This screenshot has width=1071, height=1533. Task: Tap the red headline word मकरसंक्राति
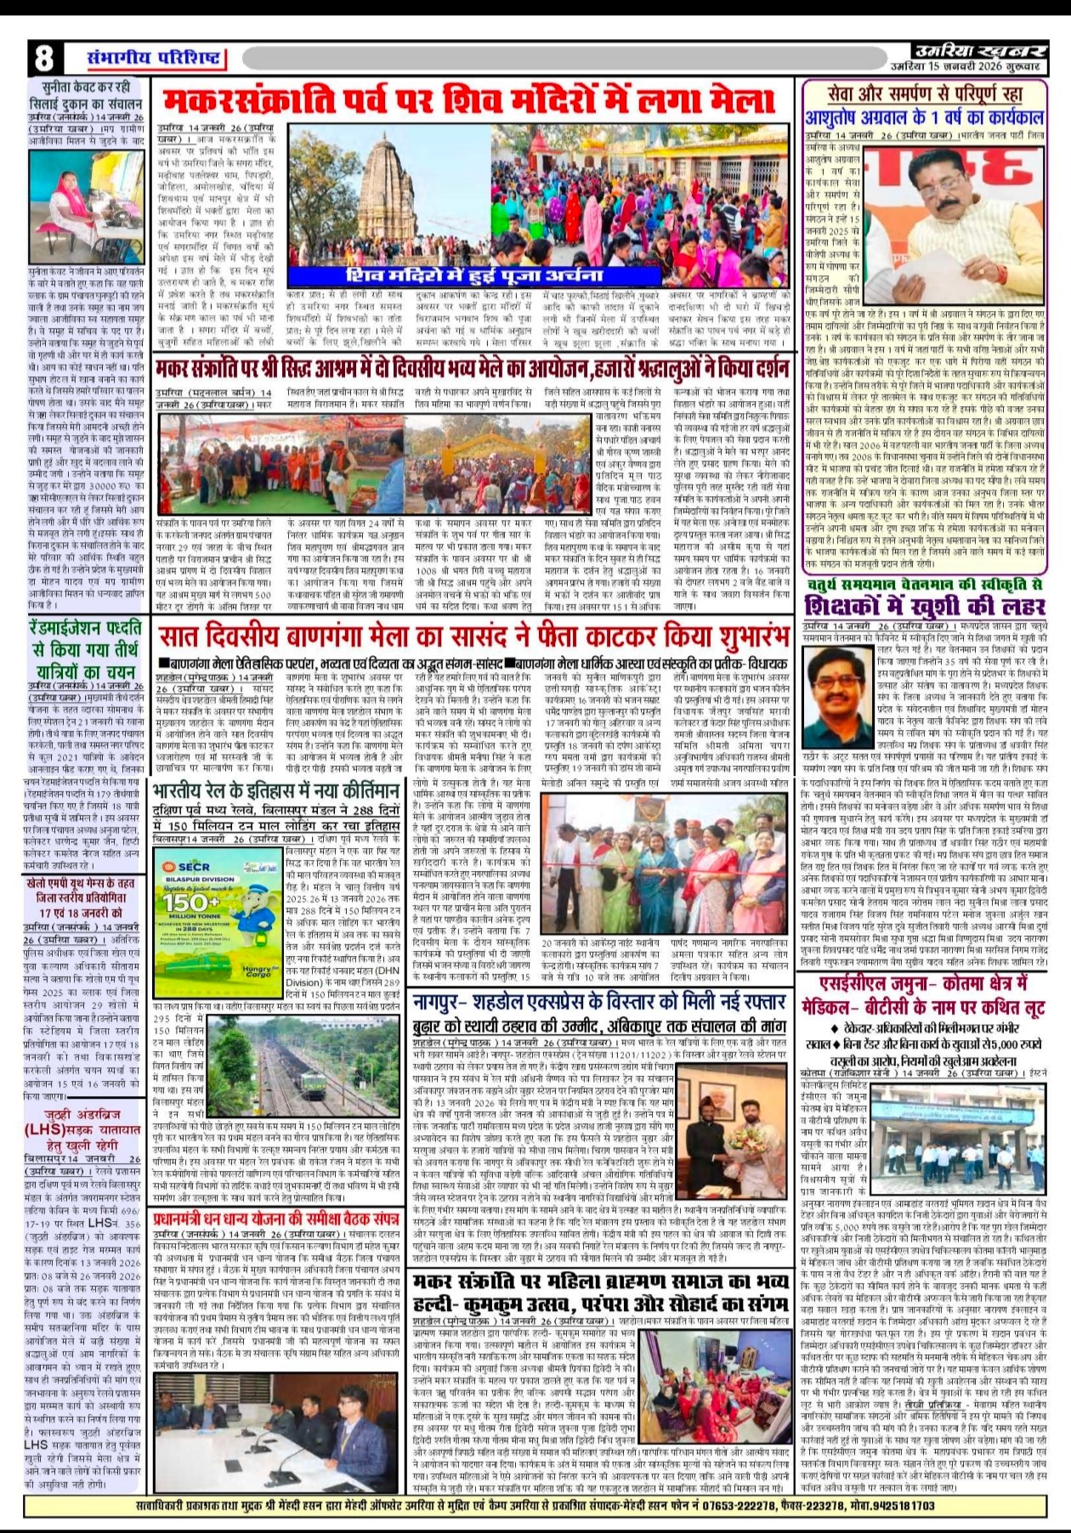tap(280, 100)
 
